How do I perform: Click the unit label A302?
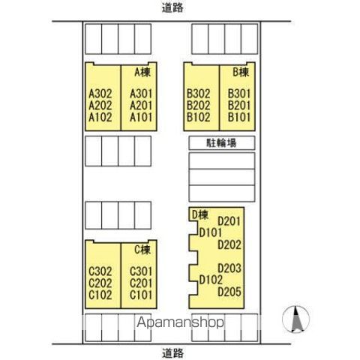click(x=100, y=94)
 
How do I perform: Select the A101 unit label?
click(x=141, y=117)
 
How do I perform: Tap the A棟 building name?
click(x=142, y=72)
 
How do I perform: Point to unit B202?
click(x=199, y=106)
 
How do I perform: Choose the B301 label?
click(x=239, y=94)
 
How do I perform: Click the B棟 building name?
click(x=241, y=72)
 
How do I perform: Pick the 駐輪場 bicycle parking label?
click(x=221, y=143)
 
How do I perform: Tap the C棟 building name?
click(x=142, y=250)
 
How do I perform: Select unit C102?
click(x=100, y=295)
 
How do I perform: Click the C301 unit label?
click(x=141, y=271)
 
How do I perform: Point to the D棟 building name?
click(x=200, y=215)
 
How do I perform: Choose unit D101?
click(x=211, y=232)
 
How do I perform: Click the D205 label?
click(x=229, y=292)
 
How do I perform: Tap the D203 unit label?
click(x=229, y=268)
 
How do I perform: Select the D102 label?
click(x=211, y=280)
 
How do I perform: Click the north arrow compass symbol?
click(x=296, y=319)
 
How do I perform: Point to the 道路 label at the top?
click(x=172, y=8)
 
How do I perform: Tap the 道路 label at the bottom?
click(x=172, y=353)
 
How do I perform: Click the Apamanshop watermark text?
click(x=180, y=322)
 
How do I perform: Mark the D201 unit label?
click(x=229, y=221)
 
